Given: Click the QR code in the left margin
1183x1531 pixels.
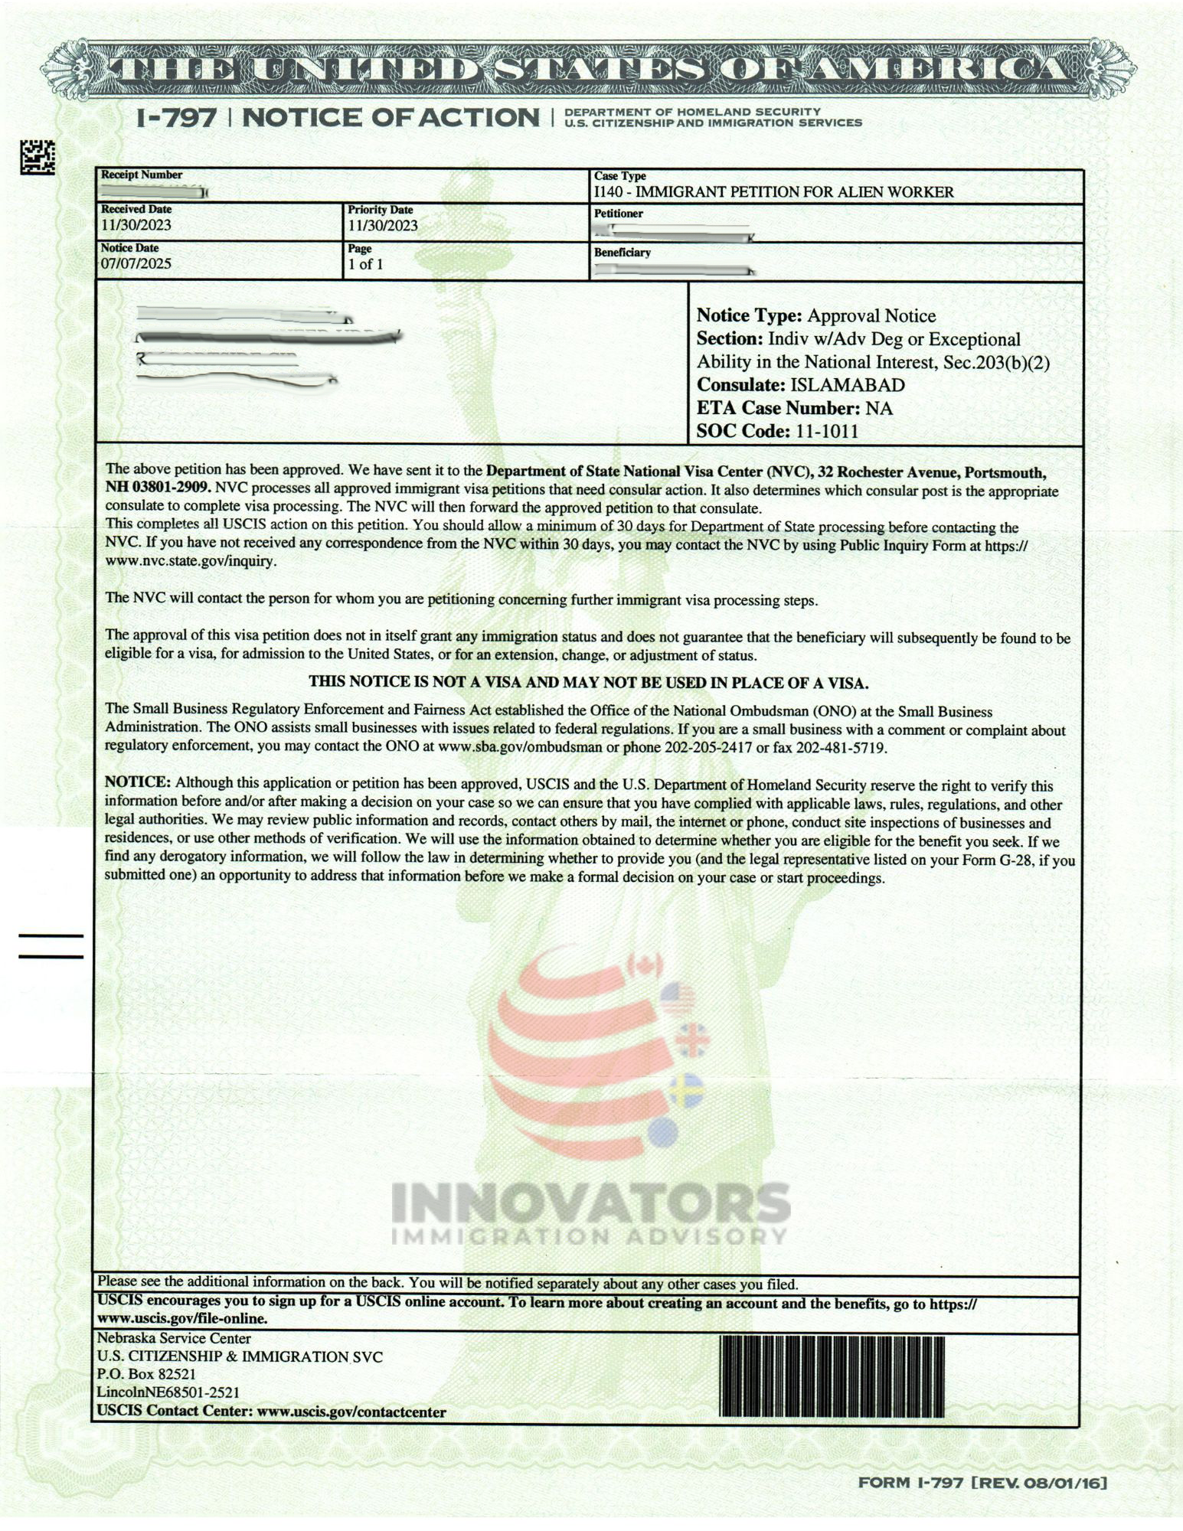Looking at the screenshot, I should tap(38, 157).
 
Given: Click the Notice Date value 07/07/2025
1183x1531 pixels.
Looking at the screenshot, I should tap(136, 264).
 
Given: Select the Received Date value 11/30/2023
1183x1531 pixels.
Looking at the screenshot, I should tap(136, 225).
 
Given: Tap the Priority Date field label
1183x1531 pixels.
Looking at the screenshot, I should tap(381, 210).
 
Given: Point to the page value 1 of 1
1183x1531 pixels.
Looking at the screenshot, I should tap(365, 265).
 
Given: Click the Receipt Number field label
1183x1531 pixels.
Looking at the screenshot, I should tap(142, 175).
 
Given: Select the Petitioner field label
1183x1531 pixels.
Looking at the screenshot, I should tap(619, 214).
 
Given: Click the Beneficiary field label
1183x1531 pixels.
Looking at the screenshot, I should tap(623, 253).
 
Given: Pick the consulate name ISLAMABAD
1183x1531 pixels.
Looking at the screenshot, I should tap(847, 385).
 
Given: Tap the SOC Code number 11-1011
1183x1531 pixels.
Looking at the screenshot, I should tap(827, 431).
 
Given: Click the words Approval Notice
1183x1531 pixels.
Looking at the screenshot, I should tap(871, 316).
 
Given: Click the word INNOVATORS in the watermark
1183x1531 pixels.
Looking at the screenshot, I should tap(590, 1203).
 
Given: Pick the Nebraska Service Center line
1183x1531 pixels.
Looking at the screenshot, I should tap(174, 1338).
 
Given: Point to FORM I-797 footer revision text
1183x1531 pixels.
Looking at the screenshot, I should tap(982, 1483).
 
